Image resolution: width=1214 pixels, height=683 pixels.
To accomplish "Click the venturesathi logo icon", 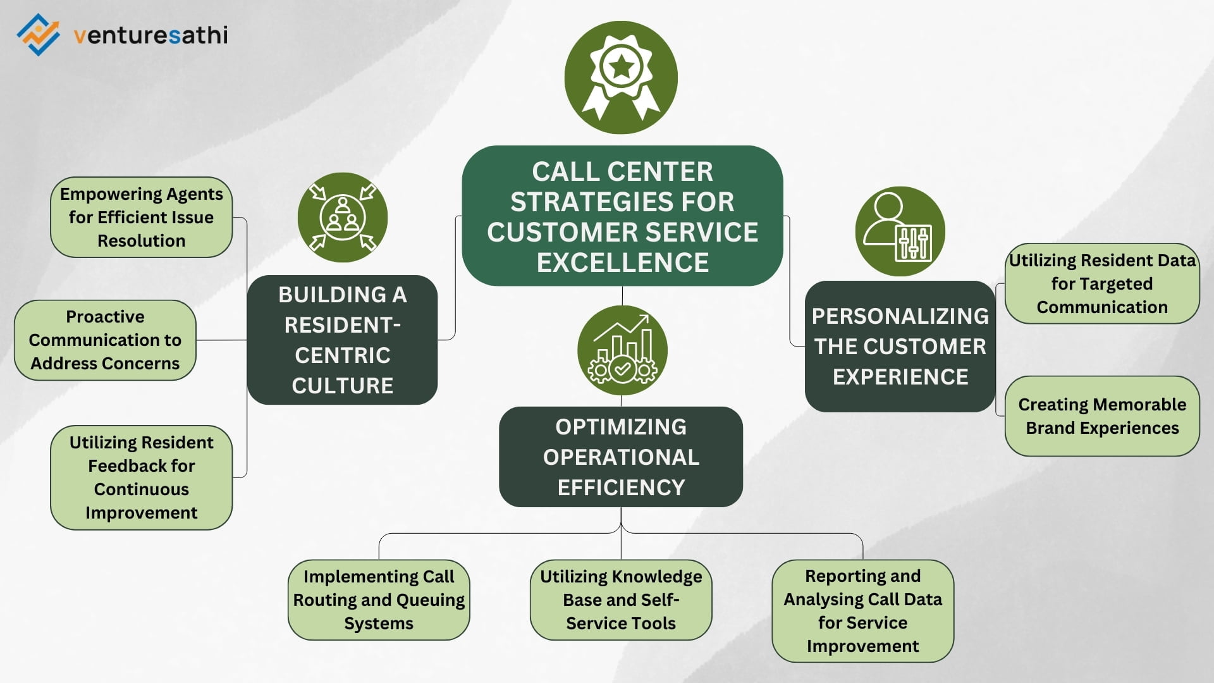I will pyautogui.click(x=39, y=35).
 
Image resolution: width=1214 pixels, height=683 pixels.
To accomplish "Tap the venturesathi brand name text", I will pyautogui.click(x=150, y=35).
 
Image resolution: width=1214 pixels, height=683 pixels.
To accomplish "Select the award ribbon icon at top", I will pyautogui.click(x=621, y=77).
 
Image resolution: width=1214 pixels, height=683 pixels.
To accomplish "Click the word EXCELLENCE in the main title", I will pyautogui.click(x=622, y=262).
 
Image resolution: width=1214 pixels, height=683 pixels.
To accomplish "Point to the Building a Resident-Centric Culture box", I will pyautogui.click(x=342, y=340).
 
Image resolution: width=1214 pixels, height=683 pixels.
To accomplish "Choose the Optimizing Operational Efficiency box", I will pyautogui.click(x=620, y=457).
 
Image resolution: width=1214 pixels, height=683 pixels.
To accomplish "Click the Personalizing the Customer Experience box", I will pyautogui.click(x=900, y=346).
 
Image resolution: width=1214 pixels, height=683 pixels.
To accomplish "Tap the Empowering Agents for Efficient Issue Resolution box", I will pyautogui.click(x=141, y=217).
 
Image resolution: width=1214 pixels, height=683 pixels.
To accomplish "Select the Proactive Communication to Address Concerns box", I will pyautogui.click(x=105, y=340).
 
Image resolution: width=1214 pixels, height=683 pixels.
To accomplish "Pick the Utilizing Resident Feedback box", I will pyautogui.click(x=141, y=477).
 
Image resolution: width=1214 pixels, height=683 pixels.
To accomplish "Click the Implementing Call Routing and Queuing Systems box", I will pyautogui.click(x=379, y=600).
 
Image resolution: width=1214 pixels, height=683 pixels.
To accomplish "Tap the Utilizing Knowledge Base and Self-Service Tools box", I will pyautogui.click(x=620, y=600).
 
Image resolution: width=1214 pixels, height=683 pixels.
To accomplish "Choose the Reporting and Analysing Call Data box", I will pyautogui.click(x=862, y=610).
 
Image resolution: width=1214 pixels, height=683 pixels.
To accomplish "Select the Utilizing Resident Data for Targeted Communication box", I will pyautogui.click(x=1101, y=283).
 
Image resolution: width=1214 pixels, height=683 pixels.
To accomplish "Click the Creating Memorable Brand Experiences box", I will pyautogui.click(x=1101, y=416).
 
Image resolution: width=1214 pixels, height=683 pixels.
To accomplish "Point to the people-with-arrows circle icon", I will pyautogui.click(x=342, y=218).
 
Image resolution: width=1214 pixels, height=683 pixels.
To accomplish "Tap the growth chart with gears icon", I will pyautogui.click(x=622, y=350).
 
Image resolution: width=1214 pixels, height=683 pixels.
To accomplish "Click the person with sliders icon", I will pyautogui.click(x=900, y=231).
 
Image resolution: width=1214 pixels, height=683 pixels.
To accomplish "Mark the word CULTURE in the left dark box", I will pyautogui.click(x=342, y=385).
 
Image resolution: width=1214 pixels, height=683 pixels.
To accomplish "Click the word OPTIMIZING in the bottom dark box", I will pyautogui.click(x=620, y=427).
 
